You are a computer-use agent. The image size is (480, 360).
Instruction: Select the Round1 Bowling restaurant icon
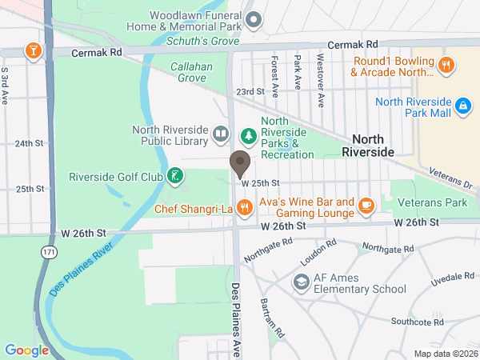[446, 65]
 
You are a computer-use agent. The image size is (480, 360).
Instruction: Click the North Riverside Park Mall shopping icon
[462, 105]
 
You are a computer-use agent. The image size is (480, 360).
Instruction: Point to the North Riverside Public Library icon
[222, 137]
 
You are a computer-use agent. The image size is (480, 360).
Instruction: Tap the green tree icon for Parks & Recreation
[249, 137]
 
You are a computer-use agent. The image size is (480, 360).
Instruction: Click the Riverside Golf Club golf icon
[174, 176]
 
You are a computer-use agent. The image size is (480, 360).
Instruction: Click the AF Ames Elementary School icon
[301, 282]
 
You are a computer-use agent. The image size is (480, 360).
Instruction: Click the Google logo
[27, 350]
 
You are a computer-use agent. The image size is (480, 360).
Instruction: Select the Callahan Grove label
[191, 73]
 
